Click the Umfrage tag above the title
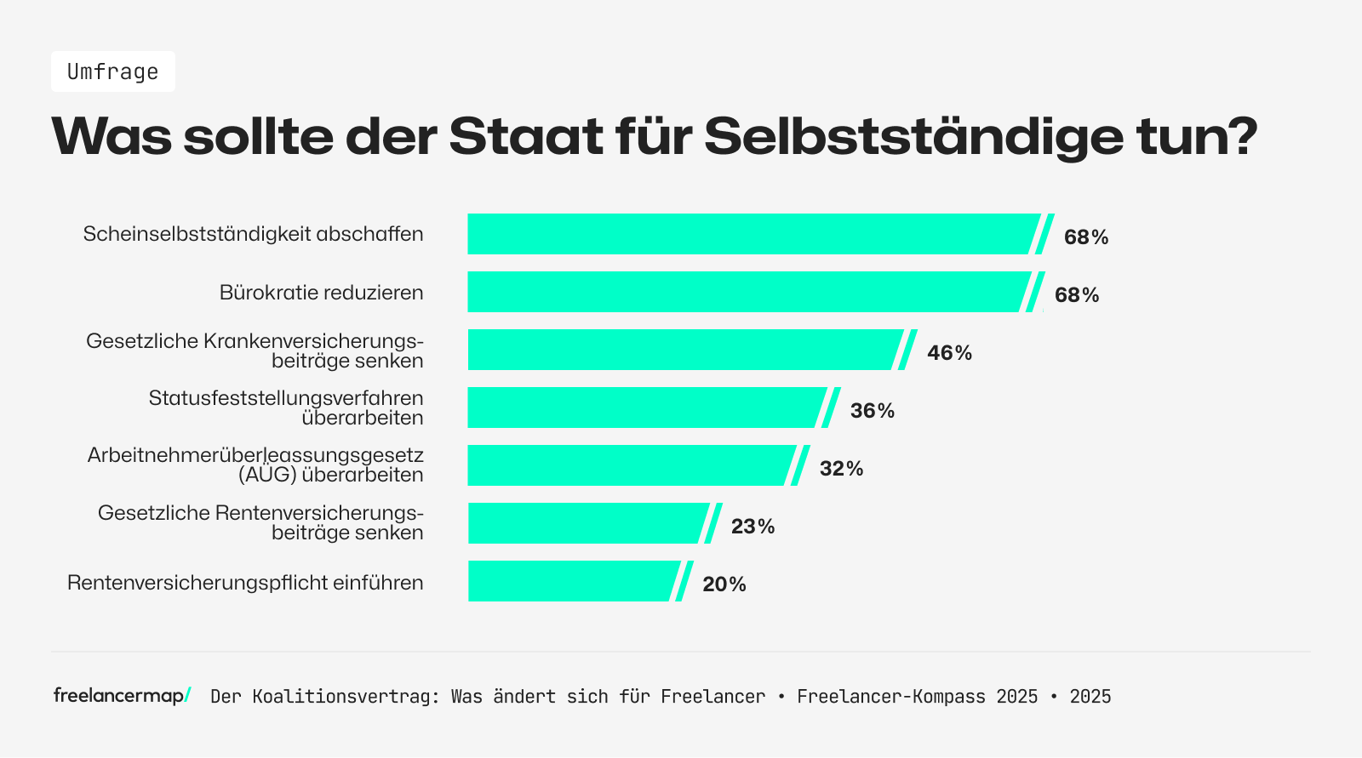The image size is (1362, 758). (113, 71)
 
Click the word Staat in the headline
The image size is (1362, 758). (526, 135)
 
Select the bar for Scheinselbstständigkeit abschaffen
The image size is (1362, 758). (749, 234)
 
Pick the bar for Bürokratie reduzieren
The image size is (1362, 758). (745, 292)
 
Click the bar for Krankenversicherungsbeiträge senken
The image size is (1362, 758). (681, 350)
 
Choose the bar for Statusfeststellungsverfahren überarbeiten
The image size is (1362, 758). (643, 407)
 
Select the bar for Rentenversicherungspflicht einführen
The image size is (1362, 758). (570, 581)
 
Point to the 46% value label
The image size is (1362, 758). (949, 352)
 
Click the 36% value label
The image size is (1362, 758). (873, 410)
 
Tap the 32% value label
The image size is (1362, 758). (841, 468)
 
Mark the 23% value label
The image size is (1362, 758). (753, 526)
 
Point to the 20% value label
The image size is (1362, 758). (724, 584)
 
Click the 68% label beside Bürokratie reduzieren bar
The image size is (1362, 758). (1077, 294)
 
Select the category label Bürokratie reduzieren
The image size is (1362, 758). (321, 293)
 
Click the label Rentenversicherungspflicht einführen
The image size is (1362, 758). (245, 583)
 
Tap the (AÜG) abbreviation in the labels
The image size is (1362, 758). (267, 475)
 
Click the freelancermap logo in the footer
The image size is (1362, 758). (122, 696)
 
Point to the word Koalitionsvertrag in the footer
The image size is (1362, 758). (346, 697)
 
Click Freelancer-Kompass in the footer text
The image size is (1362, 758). (890, 697)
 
